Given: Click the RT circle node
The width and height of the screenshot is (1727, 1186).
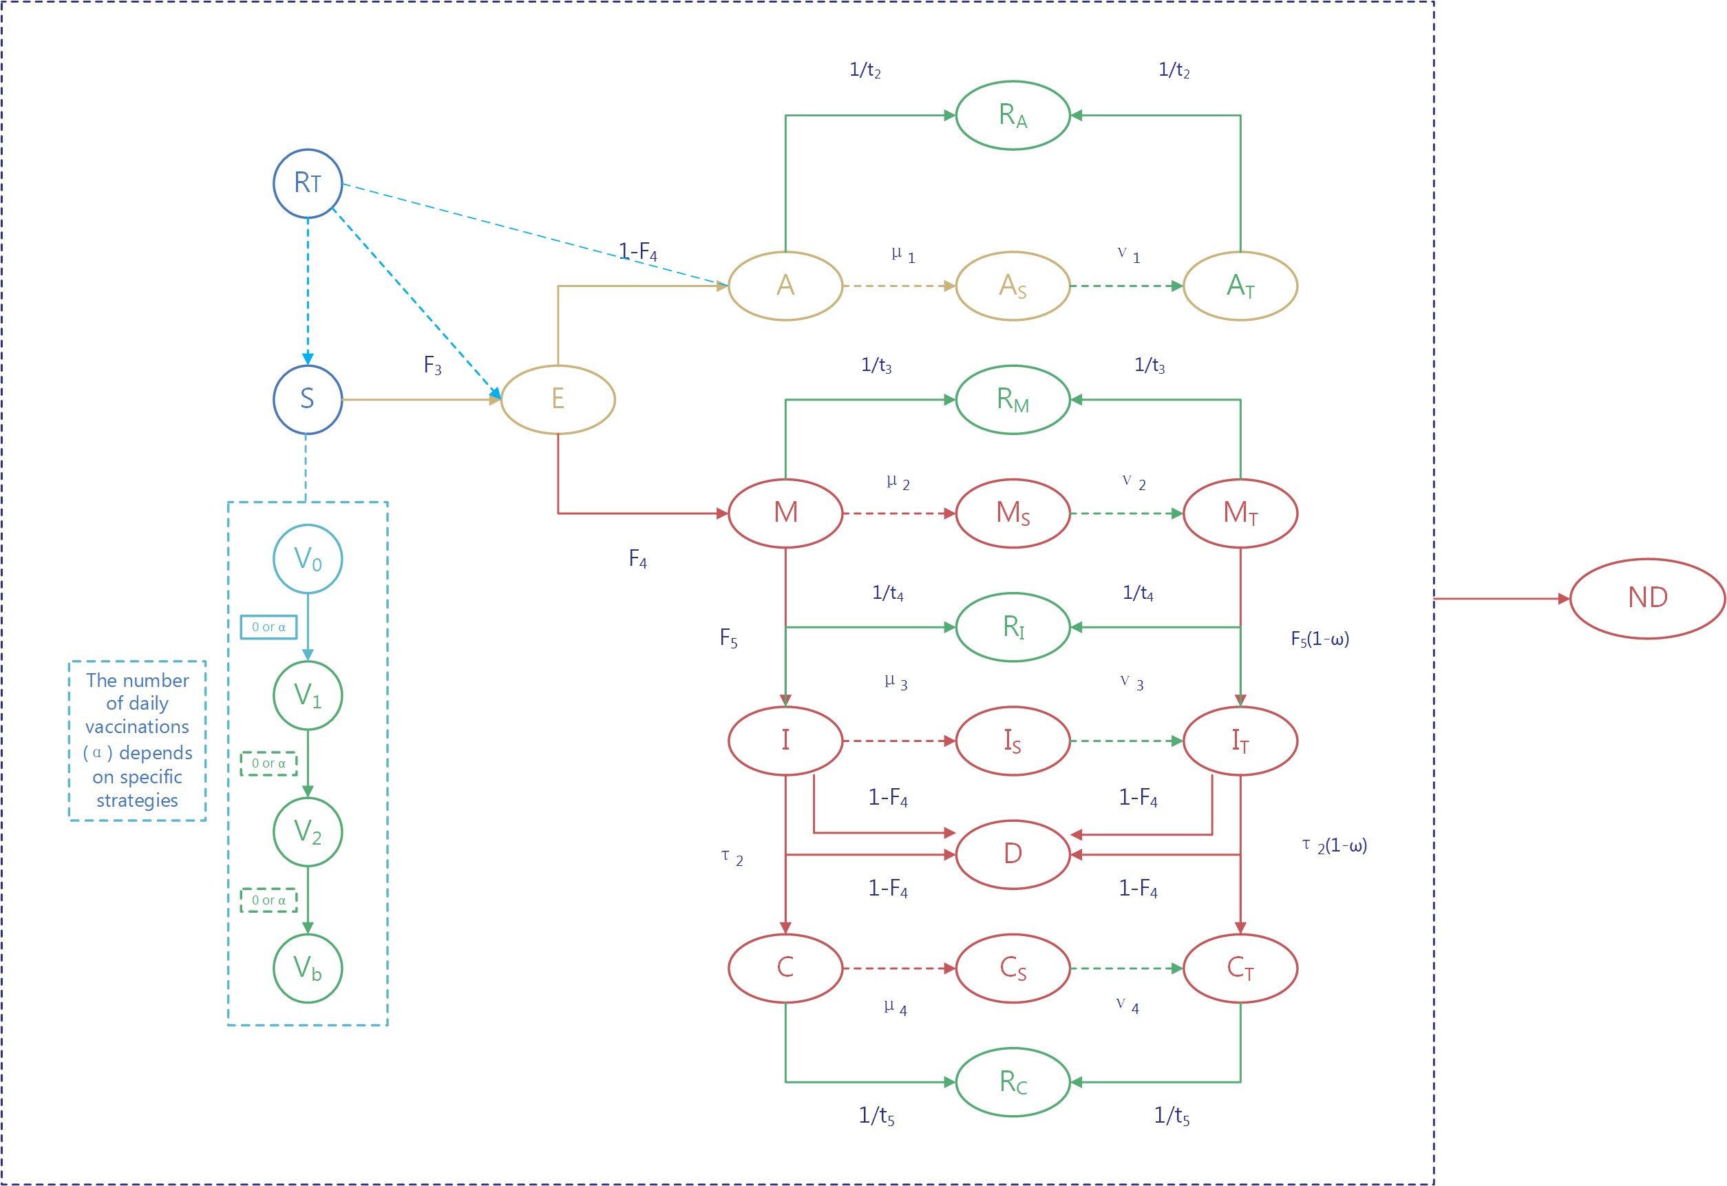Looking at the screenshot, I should click(x=308, y=184).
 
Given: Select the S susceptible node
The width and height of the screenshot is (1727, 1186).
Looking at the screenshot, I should click(x=308, y=400).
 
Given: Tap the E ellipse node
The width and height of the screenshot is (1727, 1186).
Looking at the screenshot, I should click(x=558, y=400).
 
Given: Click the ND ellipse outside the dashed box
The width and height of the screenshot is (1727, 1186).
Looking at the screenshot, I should click(x=1647, y=598).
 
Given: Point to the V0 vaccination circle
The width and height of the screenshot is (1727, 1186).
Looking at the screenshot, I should click(x=308, y=559).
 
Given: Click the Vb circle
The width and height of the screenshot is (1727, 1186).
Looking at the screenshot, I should click(x=308, y=968).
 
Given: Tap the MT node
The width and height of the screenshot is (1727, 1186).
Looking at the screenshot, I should click(x=1240, y=513).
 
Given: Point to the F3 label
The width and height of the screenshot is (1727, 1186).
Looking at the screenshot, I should click(x=432, y=366).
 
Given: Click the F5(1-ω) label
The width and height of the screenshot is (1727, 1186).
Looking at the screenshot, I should click(x=1320, y=639).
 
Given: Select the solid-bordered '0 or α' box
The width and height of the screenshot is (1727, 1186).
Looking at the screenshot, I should click(x=268, y=627).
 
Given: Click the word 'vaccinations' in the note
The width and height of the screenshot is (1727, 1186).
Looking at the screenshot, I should click(x=138, y=727).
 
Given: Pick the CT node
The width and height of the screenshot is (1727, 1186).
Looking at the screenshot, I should click(x=1240, y=968).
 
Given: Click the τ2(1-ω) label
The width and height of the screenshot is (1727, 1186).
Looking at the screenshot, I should click(x=1335, y=846).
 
